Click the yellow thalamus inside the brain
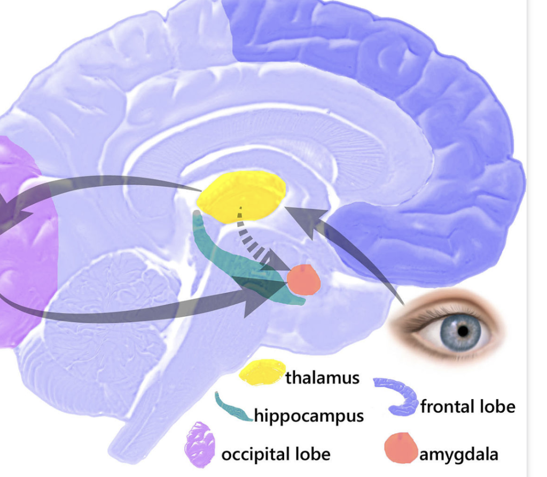pos(241,195)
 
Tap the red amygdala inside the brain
pos(304,280)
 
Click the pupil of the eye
pos(463,331)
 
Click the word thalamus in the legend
pos(322,378)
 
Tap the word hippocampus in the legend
pos(309,415)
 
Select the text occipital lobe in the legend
pos(276,455)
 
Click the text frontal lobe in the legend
pos(467,407)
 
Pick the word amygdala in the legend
pos(459,455)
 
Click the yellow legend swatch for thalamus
pos(262,372)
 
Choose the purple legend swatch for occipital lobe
pos(200,444)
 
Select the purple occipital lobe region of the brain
pos(24,256)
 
